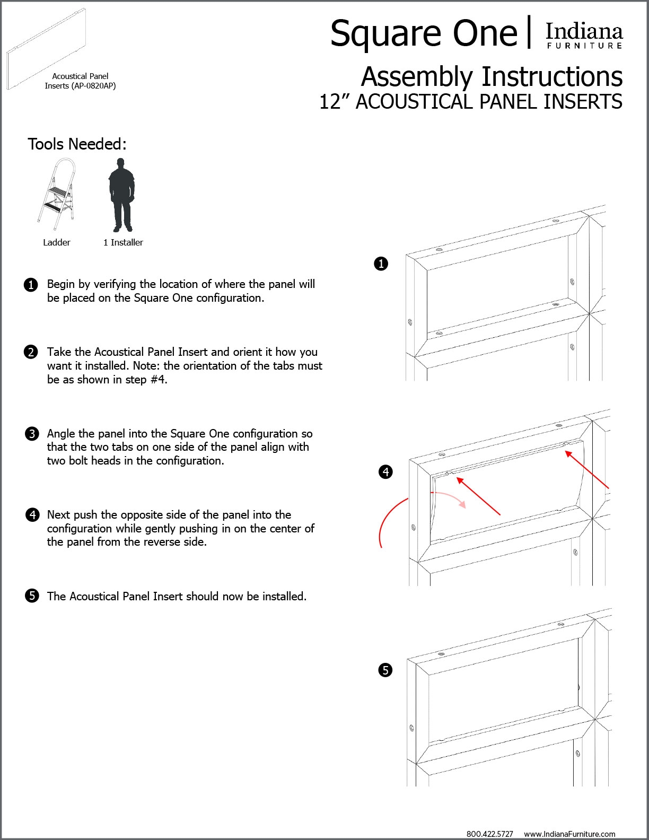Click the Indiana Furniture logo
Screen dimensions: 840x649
coord(584,36)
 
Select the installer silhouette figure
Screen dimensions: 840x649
coord(121,195)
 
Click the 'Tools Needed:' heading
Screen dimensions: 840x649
coord(77,144)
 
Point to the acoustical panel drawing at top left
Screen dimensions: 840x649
coord(46,49)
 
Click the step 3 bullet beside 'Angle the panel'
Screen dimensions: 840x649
coord(32,434)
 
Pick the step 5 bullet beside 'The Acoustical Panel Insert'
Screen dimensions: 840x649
coord(32,596)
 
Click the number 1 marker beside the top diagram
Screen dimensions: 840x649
coord(381,264)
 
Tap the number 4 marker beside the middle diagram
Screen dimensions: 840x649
coord(385,471)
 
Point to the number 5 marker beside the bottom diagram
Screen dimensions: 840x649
coord(385,670)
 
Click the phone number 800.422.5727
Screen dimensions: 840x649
coord(489,834)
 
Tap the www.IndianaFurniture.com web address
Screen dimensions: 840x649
coord(569,834)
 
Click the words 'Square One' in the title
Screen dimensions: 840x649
coord(424,33)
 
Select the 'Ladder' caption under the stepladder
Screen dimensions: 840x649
coord(57,242)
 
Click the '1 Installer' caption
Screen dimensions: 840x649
coord(123,242)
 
